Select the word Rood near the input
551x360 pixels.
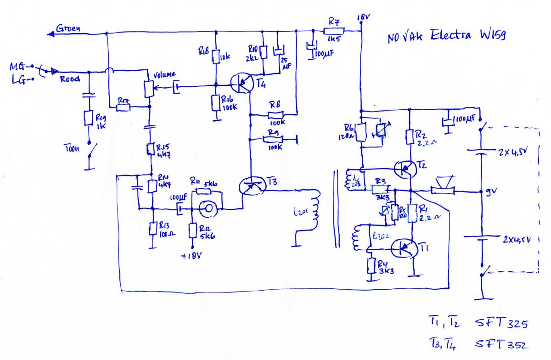pos(70,79)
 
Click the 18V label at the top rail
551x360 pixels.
pos(363,17)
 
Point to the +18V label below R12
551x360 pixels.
pos(192,255)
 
